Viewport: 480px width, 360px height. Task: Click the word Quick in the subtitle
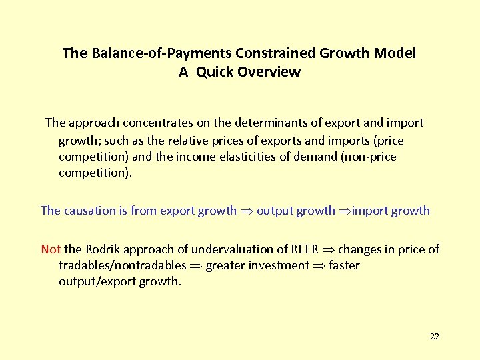[x=211, y=72]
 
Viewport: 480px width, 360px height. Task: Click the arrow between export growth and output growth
[x=247, y=211]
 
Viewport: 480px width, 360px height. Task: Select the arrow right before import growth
[x=345, y=211]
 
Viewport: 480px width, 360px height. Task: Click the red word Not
[x=51, y=249]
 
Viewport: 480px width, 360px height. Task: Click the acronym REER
[x=305, y=249]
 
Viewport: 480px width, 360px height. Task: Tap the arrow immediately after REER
[x=329, y=250]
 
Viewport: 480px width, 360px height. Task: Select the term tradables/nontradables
[x=122, y=265]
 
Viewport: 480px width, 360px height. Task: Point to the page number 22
[x=435, y=337]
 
